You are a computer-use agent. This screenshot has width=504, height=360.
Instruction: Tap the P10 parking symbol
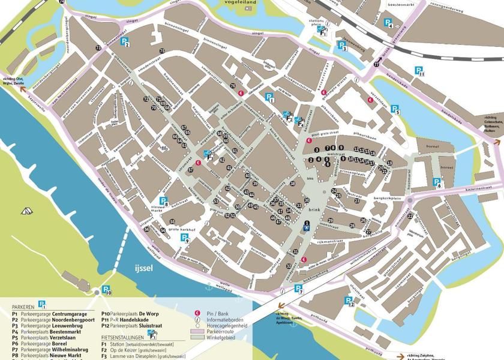pyautogui.click(x=107, y=292)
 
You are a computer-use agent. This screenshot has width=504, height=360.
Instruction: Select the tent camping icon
pyautogui.click(x=26, y=211)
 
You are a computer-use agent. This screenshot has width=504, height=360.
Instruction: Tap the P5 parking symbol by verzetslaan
pyautogui.click(x=395, y=109)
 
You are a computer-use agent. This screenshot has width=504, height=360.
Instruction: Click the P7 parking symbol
pyautogui.click(x=298, y=289)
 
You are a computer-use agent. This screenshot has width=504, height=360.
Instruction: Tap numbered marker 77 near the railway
pyautogui.click(x=376, y=64)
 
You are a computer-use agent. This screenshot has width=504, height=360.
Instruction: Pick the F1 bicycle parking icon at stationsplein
pyautogui.click(x=322, y=30)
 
